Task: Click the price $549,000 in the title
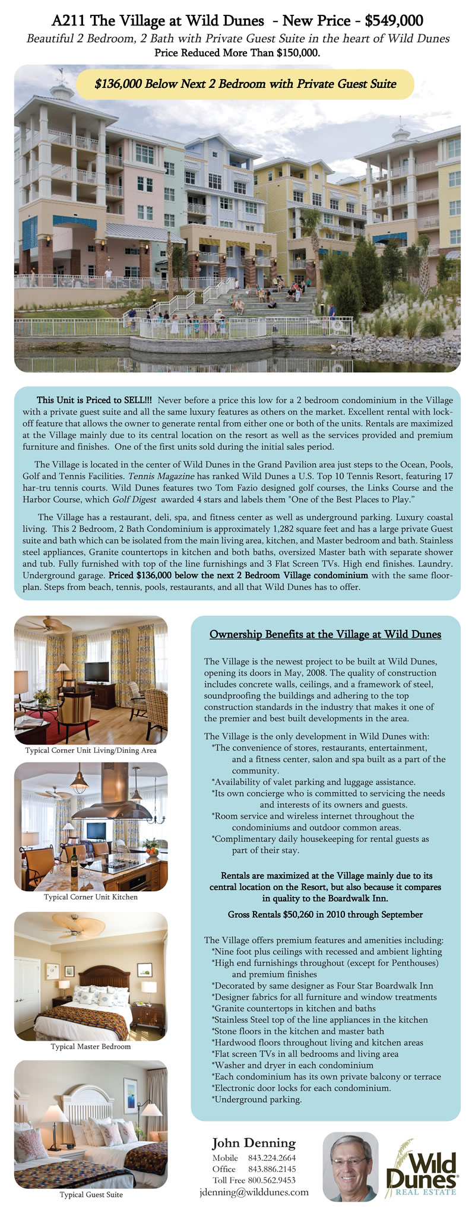pos(394,21)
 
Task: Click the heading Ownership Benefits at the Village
pos(325,634)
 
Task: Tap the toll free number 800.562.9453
pos(272,1180)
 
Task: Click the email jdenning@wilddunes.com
pos(254,1192)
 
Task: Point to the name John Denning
pos(254,1143)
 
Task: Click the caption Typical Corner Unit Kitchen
pos(91,897)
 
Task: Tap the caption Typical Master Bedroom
pos(91,1046)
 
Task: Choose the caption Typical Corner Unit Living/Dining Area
pos(91,750)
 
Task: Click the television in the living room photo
pos(97,671)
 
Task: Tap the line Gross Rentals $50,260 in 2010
pos(325,914)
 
